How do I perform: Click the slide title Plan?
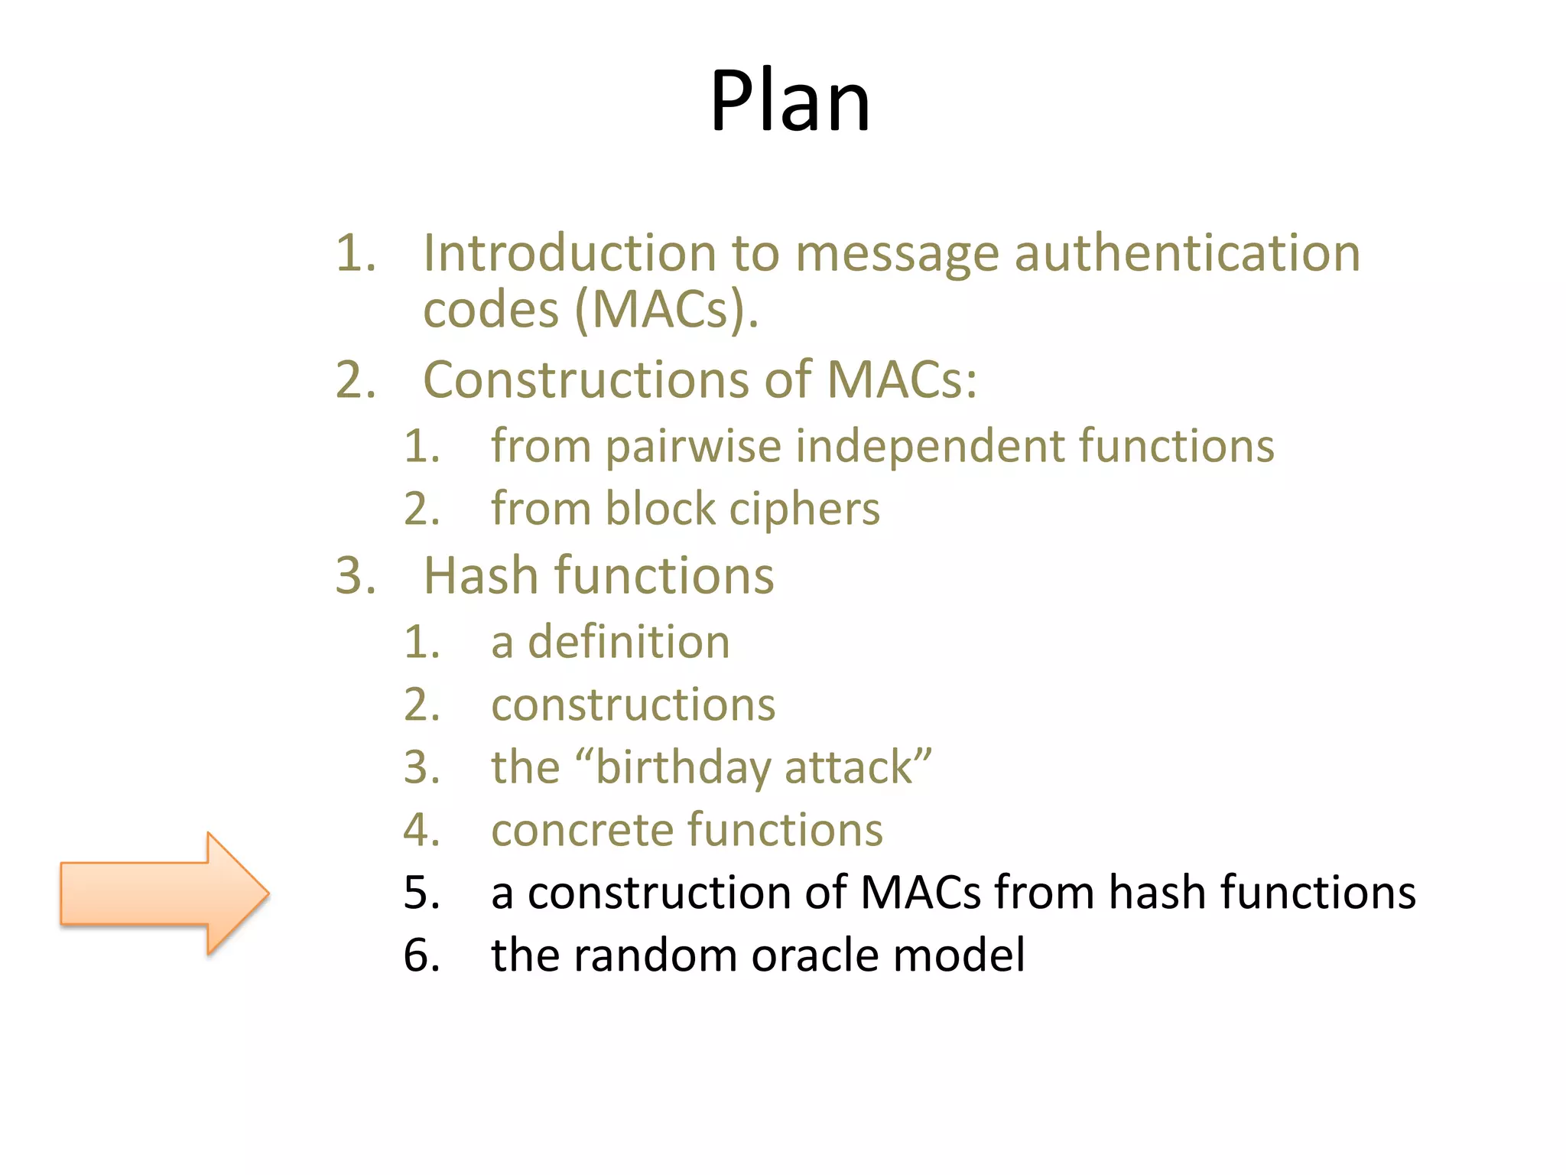tap(790, 101)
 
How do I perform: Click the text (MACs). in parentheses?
tap(667, 310)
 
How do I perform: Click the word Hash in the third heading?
tap(481, 575)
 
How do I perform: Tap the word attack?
tap(849, 767)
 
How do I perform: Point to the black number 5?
tap(421, 893)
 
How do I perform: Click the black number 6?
tap(421, 955)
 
